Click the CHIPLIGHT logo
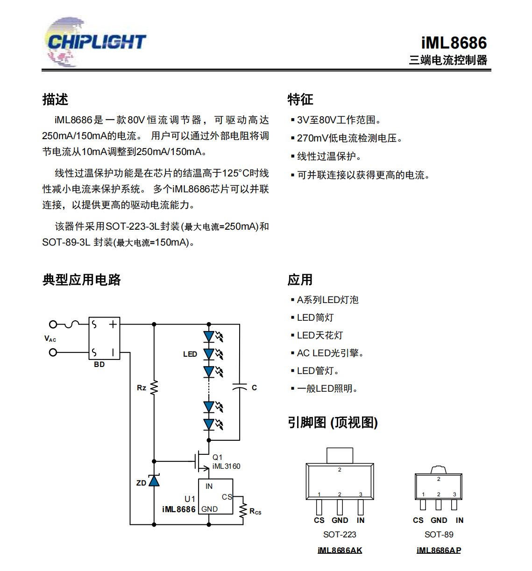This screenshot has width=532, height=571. tap(96, 42)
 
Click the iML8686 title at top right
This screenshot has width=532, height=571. tap(454, 43)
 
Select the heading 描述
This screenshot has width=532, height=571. tap(55, 99)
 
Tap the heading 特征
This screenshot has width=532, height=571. tap(300, 99)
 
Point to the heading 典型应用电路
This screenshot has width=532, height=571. tap(82, 280)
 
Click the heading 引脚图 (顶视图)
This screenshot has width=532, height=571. tap(333, 423)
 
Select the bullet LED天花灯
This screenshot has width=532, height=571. tap(319, 335)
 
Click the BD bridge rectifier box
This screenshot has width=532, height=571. tap(104, 338)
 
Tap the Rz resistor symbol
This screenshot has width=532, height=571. tap(154, 388)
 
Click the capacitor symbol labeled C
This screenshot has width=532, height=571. tap(240, 387)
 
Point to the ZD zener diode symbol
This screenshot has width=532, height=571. tap(154, 480)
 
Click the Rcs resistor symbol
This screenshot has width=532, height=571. tap(243, 510)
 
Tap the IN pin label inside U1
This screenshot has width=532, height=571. tap(209, 486)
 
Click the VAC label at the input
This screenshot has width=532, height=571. tap(50, 339)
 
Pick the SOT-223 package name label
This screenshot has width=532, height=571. tap(340, 535)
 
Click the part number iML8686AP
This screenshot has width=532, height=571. tap(439, 550)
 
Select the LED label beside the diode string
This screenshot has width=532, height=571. tap(190, 354)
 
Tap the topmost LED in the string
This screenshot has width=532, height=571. tap(209, 336)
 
